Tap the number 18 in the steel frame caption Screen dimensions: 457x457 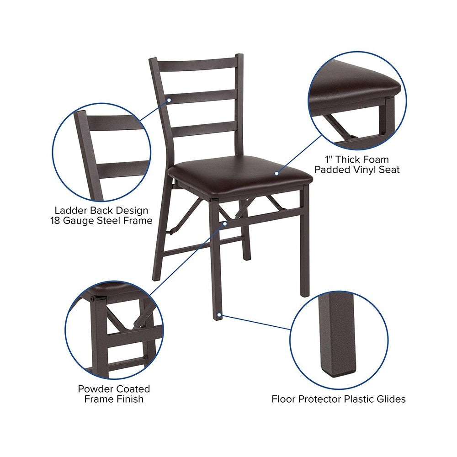[55, 221]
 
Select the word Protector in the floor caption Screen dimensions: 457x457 [320, 399]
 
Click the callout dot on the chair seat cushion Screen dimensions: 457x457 [276, 173]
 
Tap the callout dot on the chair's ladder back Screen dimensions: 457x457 [169, 100]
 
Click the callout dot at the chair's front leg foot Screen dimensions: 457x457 [219, 315]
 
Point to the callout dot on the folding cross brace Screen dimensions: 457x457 [225, 223]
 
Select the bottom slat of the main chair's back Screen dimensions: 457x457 [204, 129]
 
